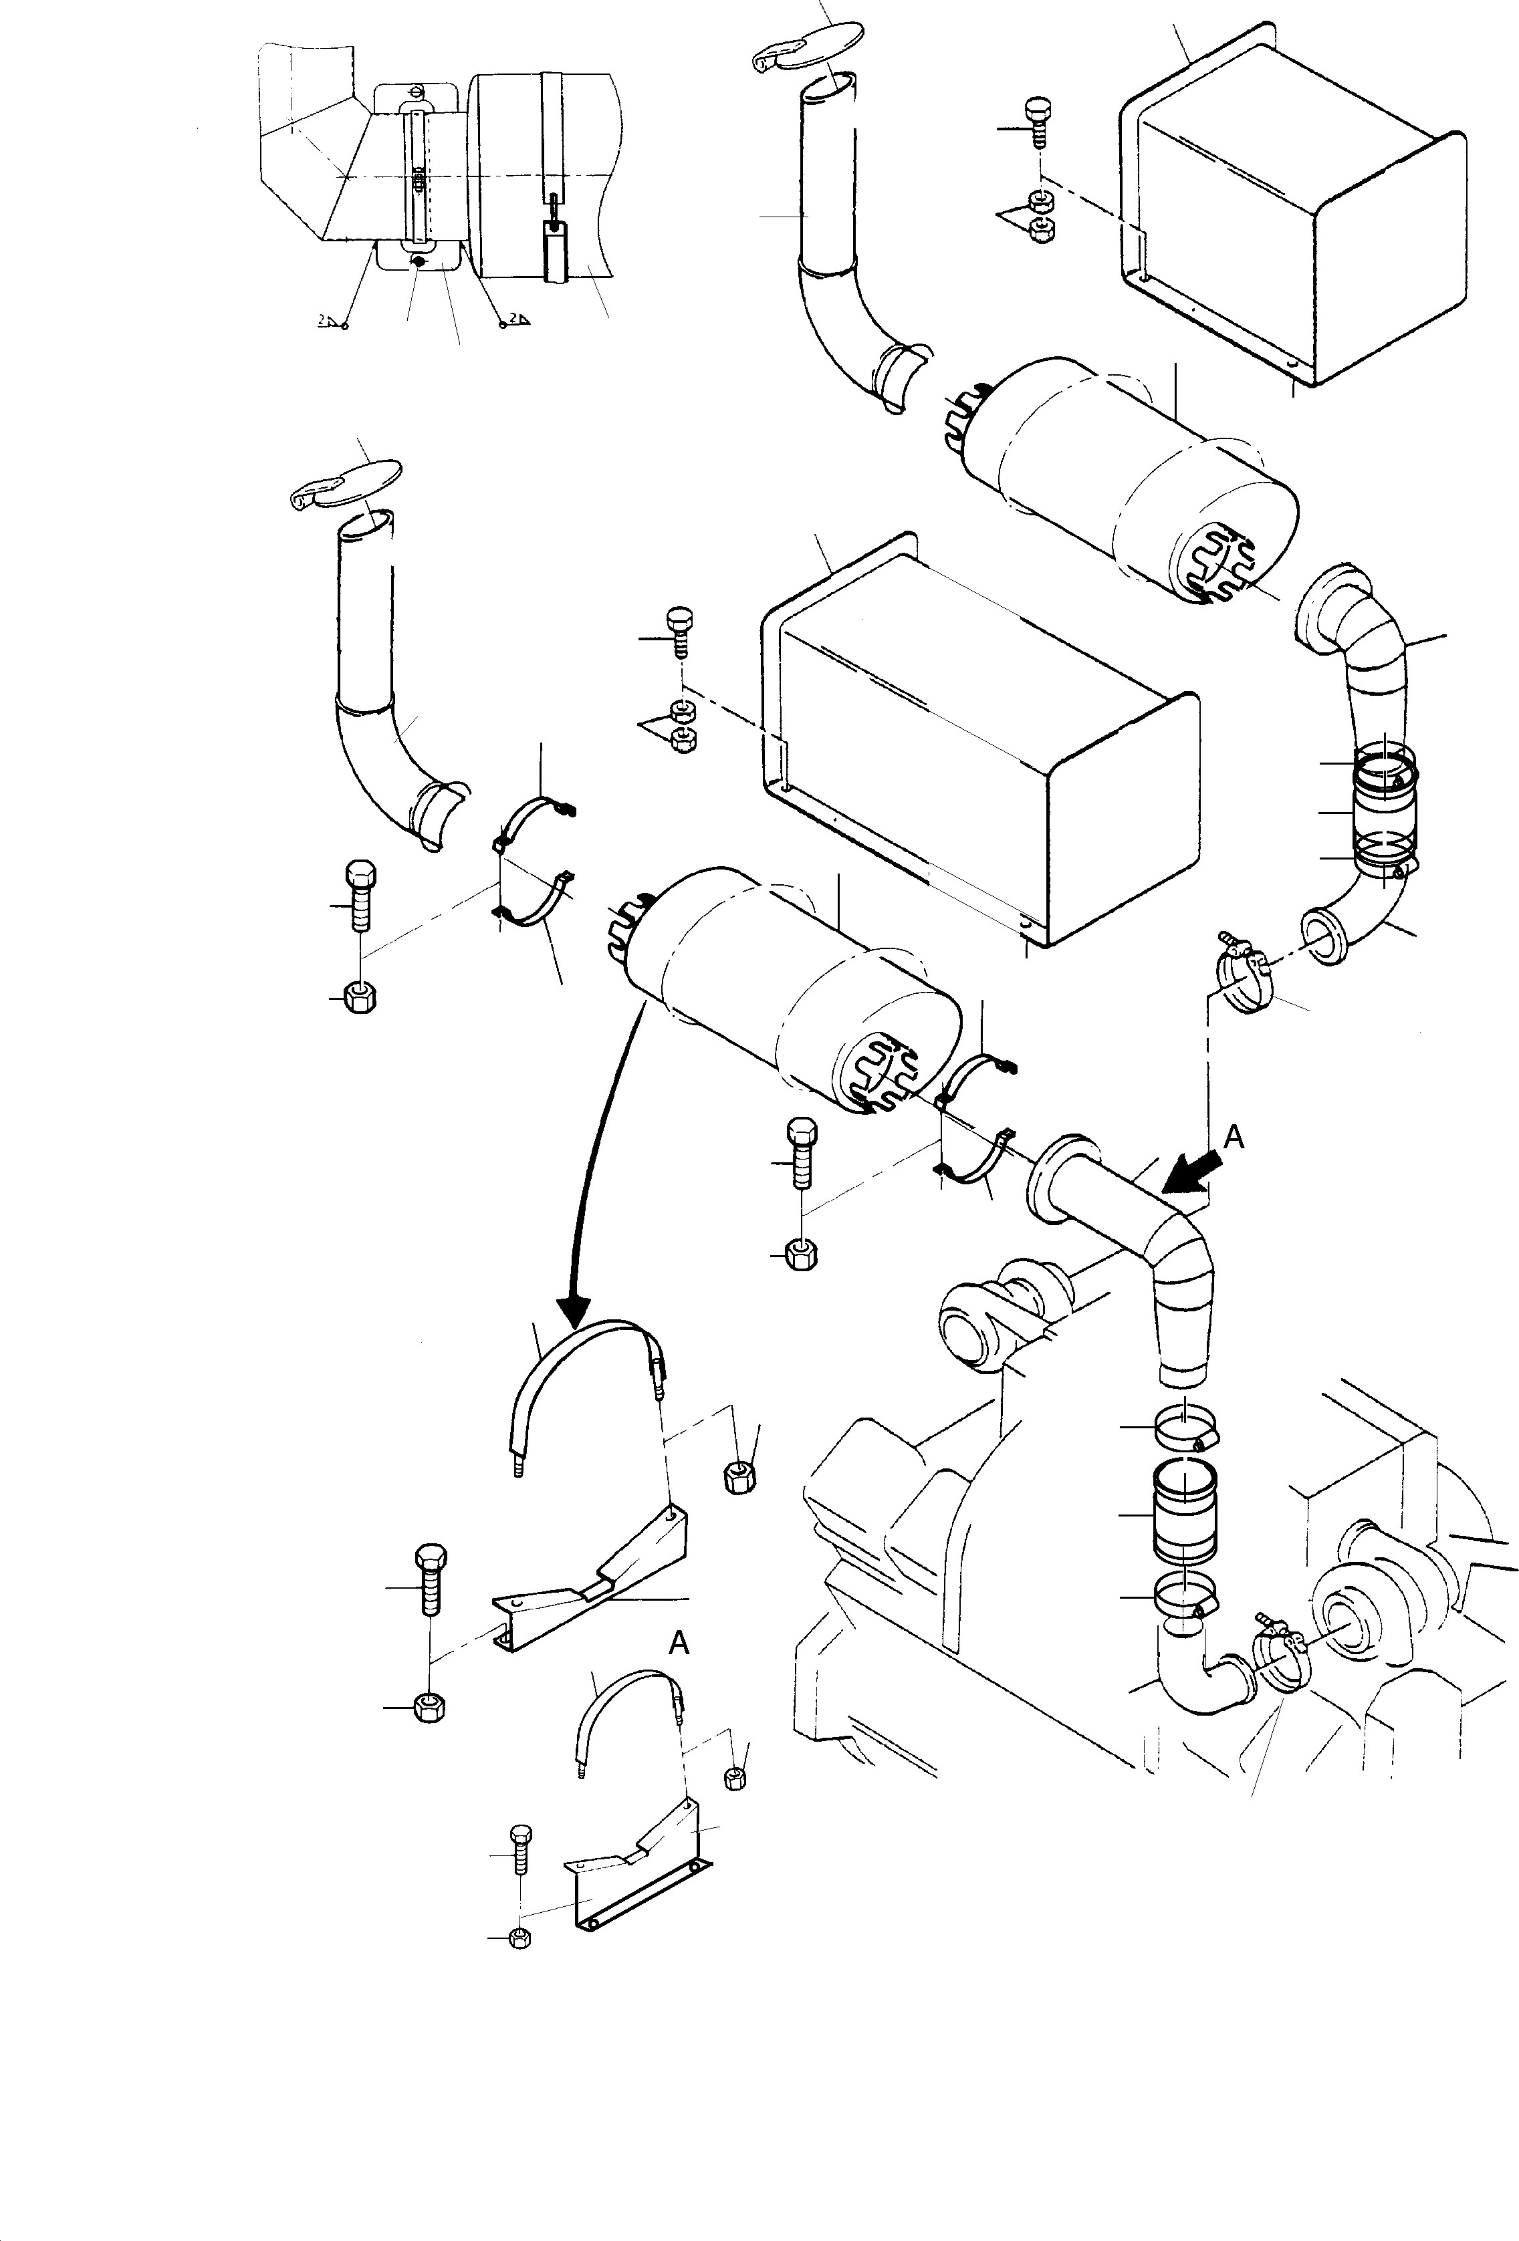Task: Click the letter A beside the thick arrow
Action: pos(1234,1138)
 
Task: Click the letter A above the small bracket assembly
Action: pos(679,1642)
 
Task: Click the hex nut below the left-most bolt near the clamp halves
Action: pos(359,998)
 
